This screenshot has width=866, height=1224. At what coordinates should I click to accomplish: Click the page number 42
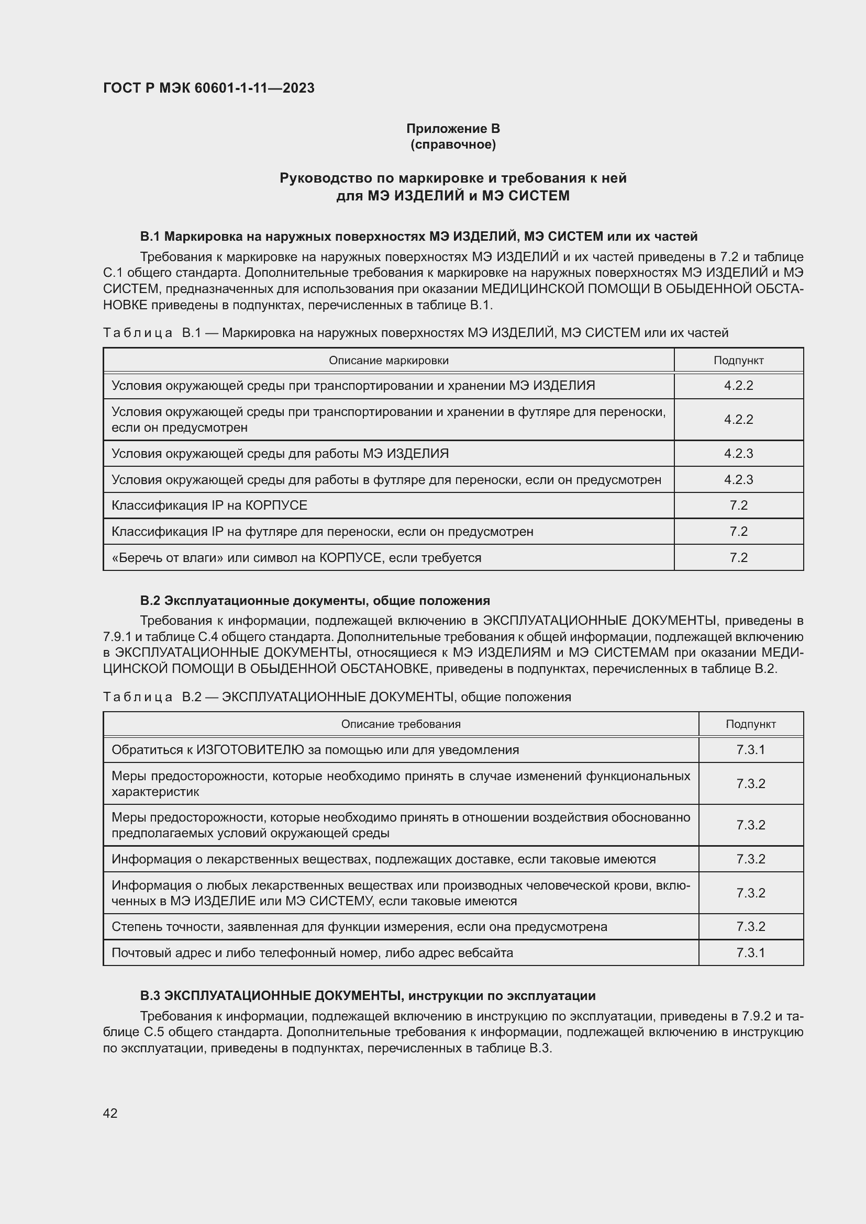pos(110,1113)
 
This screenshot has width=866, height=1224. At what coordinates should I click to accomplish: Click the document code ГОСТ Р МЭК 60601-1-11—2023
pos(208,88)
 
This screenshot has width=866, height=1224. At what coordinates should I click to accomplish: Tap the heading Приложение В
pos(453,129)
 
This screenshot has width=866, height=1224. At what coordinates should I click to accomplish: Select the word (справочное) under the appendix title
pos(453,145)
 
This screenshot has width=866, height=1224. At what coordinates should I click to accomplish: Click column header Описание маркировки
pos(388,361)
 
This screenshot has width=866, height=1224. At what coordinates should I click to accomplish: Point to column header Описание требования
pos(401,724)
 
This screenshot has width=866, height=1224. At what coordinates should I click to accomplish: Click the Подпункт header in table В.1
pos(738,361)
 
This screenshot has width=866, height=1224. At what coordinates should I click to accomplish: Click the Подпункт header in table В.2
pos(750,724)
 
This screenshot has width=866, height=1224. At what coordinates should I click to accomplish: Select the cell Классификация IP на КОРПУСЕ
pos(209,506)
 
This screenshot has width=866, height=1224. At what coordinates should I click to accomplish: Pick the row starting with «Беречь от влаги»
pos(296,558)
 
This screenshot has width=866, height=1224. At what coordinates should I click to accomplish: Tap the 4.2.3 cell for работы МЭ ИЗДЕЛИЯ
pos(738,454)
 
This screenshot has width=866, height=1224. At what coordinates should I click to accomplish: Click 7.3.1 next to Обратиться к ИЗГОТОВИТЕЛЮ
pos(750,749)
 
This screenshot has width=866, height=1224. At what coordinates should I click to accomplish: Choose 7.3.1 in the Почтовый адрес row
pos(750,952)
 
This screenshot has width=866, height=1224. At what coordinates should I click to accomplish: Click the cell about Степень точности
pos(359,927)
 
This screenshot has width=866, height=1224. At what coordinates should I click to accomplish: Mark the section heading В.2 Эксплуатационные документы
pos(315,601)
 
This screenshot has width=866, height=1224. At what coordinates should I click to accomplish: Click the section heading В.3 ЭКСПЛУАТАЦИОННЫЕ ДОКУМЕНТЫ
pos(368,996)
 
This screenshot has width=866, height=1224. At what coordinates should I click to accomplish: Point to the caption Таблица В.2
pos(337,697)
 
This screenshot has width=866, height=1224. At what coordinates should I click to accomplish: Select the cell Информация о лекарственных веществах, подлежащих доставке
pos(383,859)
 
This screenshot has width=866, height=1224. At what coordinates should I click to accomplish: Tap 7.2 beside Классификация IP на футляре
pos(738,532)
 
